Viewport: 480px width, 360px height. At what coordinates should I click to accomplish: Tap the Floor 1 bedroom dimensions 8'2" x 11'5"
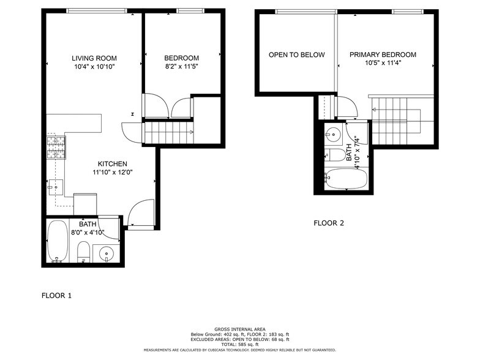181,66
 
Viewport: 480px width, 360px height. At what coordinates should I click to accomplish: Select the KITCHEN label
113,163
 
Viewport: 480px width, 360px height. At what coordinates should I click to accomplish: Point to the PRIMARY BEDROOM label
383,54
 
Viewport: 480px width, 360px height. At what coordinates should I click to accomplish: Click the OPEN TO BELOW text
296,54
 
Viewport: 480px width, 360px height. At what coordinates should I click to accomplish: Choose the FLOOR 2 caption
329,223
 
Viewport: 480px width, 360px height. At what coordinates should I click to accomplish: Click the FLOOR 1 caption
56,296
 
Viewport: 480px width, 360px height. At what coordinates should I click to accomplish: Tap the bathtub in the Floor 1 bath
58,240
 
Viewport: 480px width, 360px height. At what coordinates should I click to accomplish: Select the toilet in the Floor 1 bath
83,251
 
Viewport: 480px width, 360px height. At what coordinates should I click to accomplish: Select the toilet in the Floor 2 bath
335,155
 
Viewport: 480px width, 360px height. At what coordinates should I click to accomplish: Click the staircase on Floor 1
168,132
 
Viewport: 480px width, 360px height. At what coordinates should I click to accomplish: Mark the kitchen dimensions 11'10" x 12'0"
113,173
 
